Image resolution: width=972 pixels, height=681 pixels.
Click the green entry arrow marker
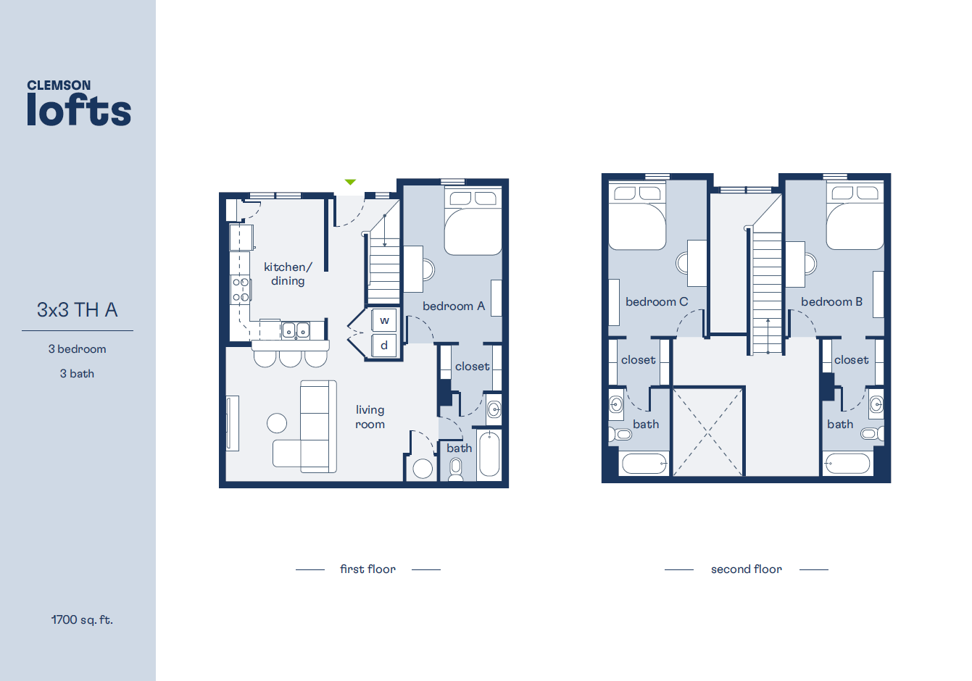point(350,182)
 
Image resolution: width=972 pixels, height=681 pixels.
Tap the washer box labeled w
point(384,320)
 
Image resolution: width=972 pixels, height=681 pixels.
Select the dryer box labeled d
point(384,346)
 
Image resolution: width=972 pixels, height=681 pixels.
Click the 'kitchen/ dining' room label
point(288,274)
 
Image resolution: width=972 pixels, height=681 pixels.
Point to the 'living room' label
point(370,417)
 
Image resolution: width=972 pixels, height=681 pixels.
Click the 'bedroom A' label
point(454,306)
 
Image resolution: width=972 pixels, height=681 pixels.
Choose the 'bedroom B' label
point(831,302)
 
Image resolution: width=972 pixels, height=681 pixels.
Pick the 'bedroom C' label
point(657,302)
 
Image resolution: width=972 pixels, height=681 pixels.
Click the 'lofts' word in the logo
point(79,111)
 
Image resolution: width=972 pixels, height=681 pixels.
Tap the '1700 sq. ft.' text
point(82,620)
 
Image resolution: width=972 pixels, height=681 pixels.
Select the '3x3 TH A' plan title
point(77,310)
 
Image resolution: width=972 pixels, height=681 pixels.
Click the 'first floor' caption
point(367,569)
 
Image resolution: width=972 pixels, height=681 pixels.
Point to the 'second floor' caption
point(747,569)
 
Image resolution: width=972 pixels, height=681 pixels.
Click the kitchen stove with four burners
point(241,289)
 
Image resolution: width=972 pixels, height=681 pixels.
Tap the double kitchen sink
point(295,331)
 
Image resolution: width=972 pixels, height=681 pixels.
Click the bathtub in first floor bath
point(489,454)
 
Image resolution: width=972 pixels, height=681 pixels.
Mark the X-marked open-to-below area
point(707,432)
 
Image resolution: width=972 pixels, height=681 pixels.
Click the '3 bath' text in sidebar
point(77,374)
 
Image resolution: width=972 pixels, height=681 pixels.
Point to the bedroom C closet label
point(638,360)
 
